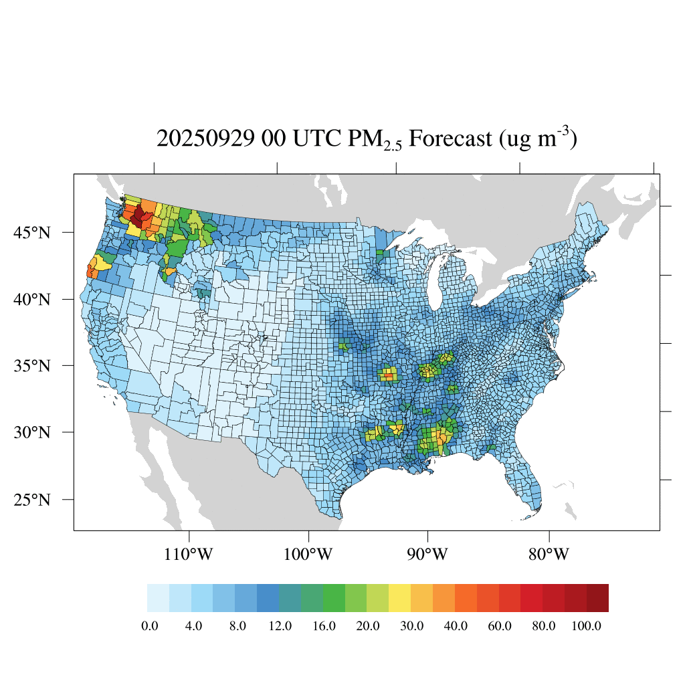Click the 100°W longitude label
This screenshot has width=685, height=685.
tap(309, 555)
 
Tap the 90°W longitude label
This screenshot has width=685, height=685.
tap(428, 555)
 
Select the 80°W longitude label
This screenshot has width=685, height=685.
tap(549, 555)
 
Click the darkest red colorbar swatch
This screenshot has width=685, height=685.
tap(597, 598)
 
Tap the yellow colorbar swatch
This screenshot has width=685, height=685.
tap(400, 598)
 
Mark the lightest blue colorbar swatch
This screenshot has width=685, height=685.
tap(158, 598)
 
